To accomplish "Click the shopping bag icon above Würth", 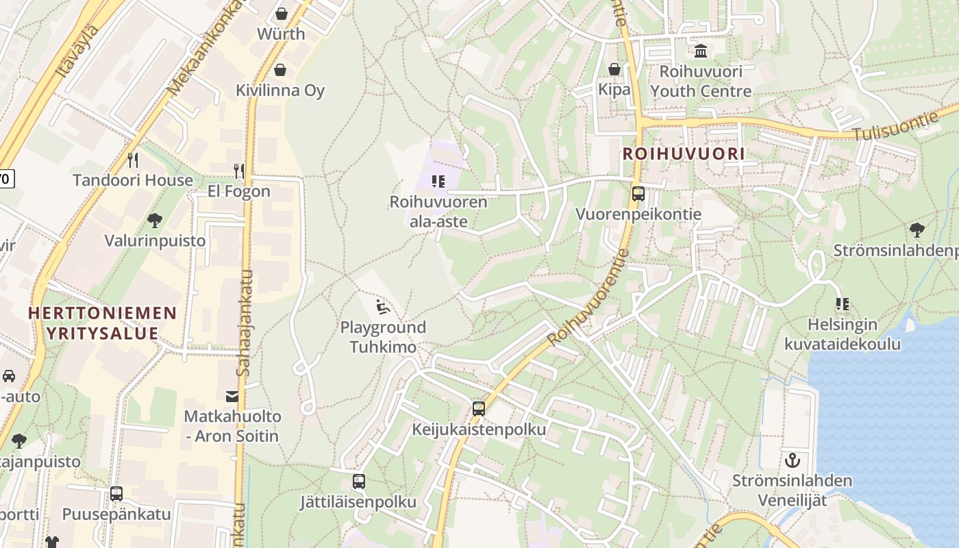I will pyautogui.click(x=281, y=14).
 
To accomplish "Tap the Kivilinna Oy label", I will pyautogui.click(x=280, y=90).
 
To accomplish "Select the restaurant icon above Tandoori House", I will pyautogui.click(x=133, y=160).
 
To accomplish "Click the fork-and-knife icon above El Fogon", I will pyautogui.click(x=238, y=171).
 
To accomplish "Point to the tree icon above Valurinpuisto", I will pyautogui.click(x=155, y=221).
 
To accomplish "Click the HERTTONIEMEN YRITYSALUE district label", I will pyautogui.click(x=102, y=324).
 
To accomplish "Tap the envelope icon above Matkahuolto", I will pyautogui.click(x=232, y=396).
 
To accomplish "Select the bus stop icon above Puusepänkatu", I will pyautogui.click(x=116, y=494).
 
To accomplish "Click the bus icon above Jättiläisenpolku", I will pyautogui.click(x=358, y=482).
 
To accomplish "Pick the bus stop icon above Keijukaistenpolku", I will pyautogui.click(x=479, y=409).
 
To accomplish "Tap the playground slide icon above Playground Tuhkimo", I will pyautogui.click(x=383, y=306).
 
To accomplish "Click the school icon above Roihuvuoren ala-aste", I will pyautogui.click(x=438, y=182).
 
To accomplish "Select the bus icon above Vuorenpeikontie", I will pyautogui.click(x=638, y=194).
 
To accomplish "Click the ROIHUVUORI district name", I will pyautogui.click(x=683, y=154).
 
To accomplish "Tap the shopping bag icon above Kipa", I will pyautogui.click(x=614, y=69).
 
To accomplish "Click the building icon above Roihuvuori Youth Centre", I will pyautogui.click(x=701, y=51).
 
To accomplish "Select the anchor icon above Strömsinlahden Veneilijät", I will pyautogui.click(x=793, y=460).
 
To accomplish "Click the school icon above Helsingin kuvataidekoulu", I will pyautogui.click(x=843, y=303).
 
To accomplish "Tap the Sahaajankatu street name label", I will pyautogui.click(x=245, y=323).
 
